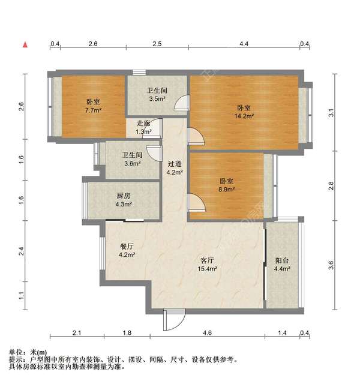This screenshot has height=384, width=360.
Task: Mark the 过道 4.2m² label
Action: [175, 168]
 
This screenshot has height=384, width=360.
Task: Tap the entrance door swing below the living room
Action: [170, 319]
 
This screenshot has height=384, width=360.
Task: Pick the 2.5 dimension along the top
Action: [157, 44]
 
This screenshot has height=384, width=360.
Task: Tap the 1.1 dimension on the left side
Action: [22, 295]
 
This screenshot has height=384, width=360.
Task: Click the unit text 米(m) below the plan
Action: [37, 352]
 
